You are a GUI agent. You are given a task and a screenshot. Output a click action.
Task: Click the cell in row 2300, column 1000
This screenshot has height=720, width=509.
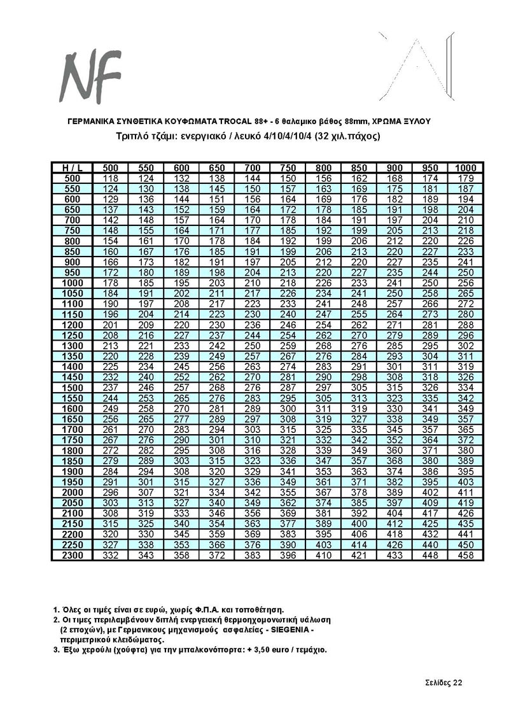(466, 556)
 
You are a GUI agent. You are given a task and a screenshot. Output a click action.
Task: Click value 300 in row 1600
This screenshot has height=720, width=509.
(288, 407)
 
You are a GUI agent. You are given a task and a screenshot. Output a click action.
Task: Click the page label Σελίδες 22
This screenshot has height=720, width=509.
(444, 683)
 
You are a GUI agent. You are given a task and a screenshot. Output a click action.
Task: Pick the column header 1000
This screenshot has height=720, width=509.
(466, 167)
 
